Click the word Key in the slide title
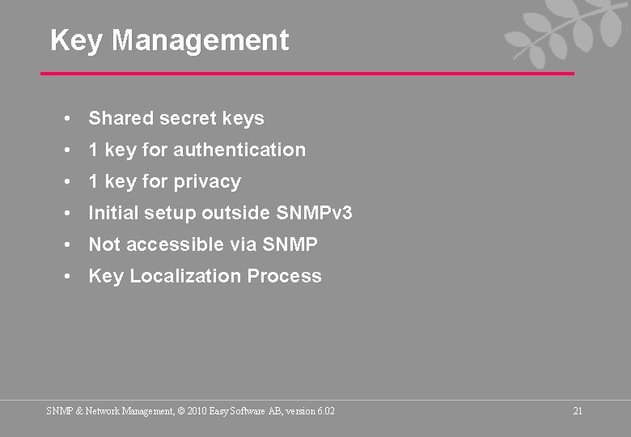76,40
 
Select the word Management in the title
200,40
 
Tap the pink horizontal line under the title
307,74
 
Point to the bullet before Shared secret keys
71,119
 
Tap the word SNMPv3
314,214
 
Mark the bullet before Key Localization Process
71,277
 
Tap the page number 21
578,411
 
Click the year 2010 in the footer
197,411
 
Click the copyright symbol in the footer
180,411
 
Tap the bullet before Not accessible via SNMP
71,245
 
